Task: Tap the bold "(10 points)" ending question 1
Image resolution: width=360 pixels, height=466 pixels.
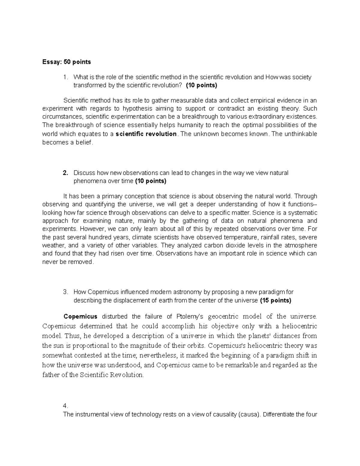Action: click(201, 85)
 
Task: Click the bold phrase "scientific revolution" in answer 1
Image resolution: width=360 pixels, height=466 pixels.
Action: click(146, 134)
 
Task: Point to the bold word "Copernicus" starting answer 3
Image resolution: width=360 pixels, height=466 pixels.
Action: click(80, 316)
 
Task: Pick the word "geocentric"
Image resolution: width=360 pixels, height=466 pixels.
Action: click(223, 316)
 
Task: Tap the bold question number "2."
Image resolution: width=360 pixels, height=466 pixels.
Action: click(65, 173)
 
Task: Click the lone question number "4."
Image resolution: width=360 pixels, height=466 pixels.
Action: click(66, 406)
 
